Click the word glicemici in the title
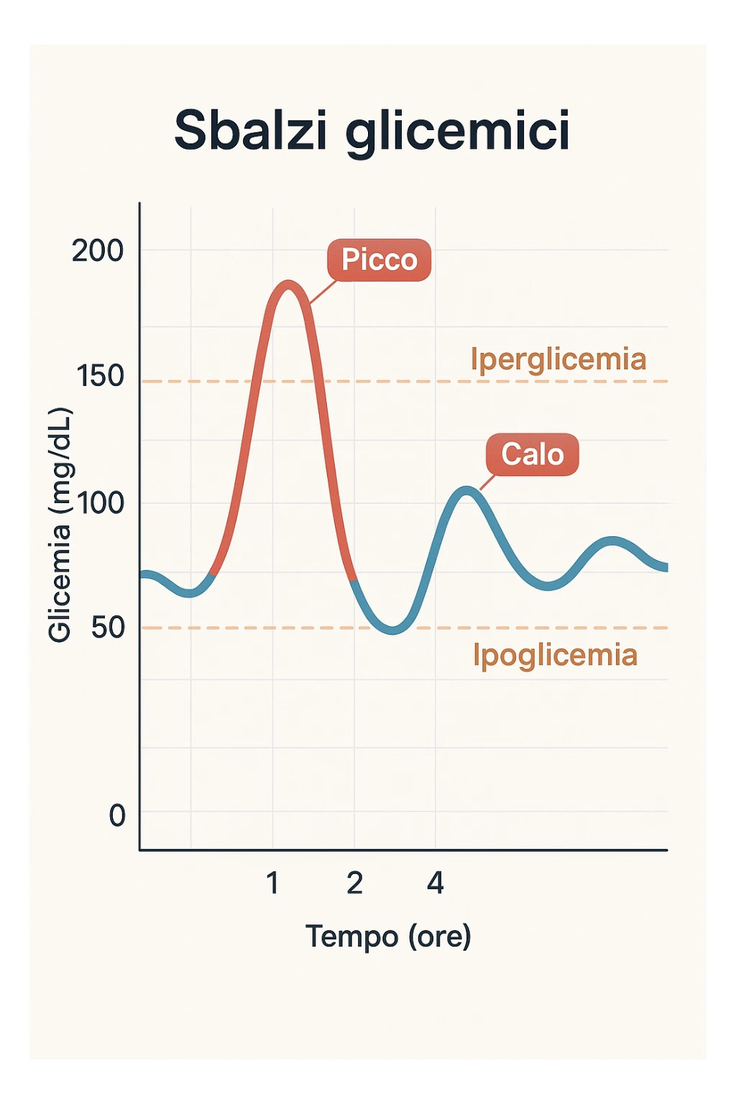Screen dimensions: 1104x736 [x=458, y=133]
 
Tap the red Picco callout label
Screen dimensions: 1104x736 [x=379, y=259]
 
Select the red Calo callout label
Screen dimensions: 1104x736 [x=532, y=454]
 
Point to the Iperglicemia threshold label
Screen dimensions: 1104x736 [x=558, y=359]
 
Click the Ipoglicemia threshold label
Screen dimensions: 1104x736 [x=555, y=655]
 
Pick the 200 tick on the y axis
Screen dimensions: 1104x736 [x=98, y=251]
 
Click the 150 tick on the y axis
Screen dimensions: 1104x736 [x=100, y=376]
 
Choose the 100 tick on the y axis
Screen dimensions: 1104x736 [x=101, y=502]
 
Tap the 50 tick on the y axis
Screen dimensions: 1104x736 [x=108, y=627]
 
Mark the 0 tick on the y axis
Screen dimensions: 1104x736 [x=117, y=816]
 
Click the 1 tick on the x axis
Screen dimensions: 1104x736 [x=272, y=883]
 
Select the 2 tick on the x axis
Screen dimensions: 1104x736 [x=354, y=883]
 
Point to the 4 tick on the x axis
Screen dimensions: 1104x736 [x=436, y=883]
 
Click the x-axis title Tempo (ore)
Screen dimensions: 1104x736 [x=388, y=937]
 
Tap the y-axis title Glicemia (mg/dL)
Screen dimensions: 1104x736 [x=60, y=525]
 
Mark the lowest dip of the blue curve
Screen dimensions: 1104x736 [x=392, y=630]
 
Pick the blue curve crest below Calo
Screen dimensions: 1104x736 [x=466, y=492]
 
